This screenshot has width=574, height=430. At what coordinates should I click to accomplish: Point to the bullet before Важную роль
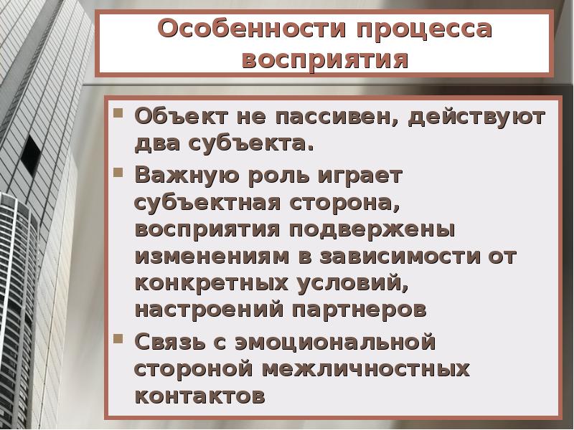click(120, 173)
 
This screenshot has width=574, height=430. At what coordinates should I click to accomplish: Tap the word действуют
click(477, 116)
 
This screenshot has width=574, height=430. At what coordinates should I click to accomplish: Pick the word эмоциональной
click(334, 341)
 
